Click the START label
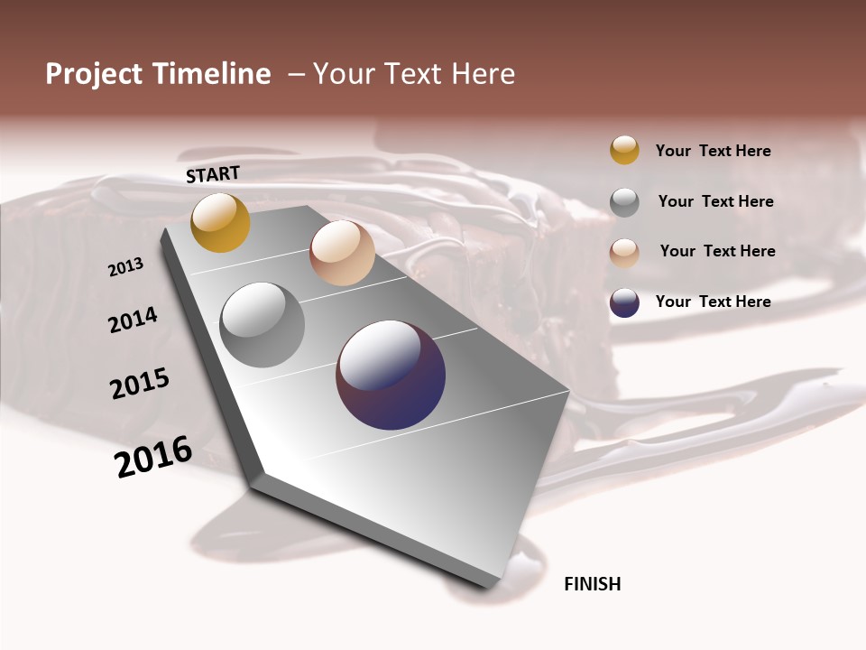click(x=213, y=174)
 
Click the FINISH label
click(x=592, y=584)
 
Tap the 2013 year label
click(x=126, y=267)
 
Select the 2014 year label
click(x=134, y=320)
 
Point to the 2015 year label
click(x=140, y=383)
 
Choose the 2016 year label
click(x=153, y=457)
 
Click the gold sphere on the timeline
click(x=220, y=223)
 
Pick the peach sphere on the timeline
click(x=342, y=253)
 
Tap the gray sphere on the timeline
click(x=263, y=325)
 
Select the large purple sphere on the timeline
click(x=391, y=375)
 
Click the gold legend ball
click(x=624, y=150)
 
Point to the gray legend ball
click(x=624, y=202)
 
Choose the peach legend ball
click(x=624, y=253)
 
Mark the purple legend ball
click(x=624, y=302)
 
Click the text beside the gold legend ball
click(x=713, y=151)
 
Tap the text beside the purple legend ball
click(x=713, y=302)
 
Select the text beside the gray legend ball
click(x=715, y=201)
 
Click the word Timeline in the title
click(x=211, y=74)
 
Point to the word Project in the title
click(x=94, y=74)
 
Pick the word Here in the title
click(x=484, y=74)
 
